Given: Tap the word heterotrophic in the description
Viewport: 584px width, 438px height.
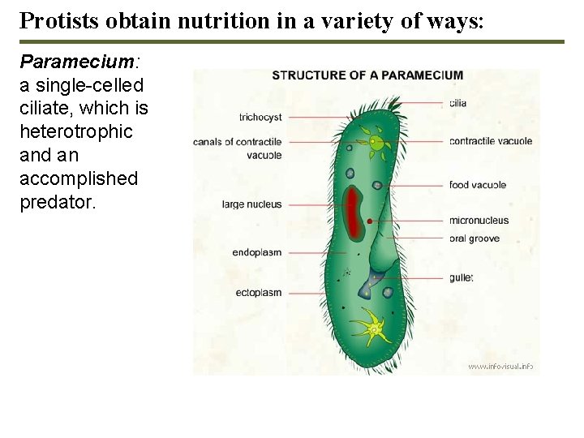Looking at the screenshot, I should tap(75, 131).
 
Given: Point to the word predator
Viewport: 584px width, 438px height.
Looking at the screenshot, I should tap(57, 201).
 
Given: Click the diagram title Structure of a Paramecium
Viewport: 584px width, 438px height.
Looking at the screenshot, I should tap(367, 75).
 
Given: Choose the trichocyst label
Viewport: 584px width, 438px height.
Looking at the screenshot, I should tap(260, 118).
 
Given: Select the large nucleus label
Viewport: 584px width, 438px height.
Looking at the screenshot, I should tap(251, 204).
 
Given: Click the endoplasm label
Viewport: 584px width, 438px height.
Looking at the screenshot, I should tap(256, 252).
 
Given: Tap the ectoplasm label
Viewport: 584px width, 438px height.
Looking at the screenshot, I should tap(258, 292).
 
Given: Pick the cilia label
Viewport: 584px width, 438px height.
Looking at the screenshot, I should tap(457, 103).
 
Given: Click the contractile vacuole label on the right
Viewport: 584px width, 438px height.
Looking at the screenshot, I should tap(491, 141).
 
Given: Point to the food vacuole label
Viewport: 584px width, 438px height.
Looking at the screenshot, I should tap(477, 185).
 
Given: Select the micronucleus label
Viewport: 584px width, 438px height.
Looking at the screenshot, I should tap(479, 220).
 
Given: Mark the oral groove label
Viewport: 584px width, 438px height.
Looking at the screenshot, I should tap(474, 238).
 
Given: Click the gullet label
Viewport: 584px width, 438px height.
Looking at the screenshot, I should tap(461, 277).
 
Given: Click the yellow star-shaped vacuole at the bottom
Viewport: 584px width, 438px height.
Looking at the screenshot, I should tap(372, 328).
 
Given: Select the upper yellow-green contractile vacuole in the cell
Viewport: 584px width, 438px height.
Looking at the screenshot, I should tap(376, 144).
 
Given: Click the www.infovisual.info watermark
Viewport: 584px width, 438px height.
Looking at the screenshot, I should tap(500, 367).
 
